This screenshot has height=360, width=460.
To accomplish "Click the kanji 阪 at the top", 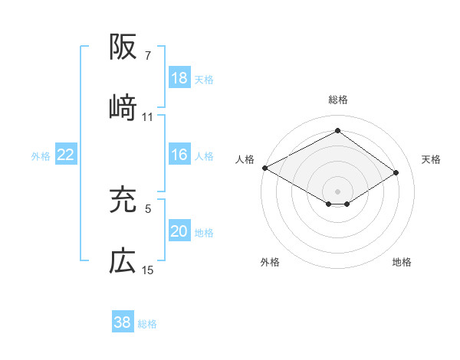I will pos(123,48).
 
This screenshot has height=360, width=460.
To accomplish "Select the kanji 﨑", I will pos(123,108).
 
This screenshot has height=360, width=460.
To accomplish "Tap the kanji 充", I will pos(123,200).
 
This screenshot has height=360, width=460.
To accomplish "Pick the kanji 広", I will pos(123,262).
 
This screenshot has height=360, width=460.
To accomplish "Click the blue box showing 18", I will pos(179,78).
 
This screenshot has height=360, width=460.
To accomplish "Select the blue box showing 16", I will pos(179,155).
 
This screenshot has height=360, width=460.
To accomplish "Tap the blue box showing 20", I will pos(179,232).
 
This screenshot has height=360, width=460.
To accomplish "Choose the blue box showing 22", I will pos(66,155).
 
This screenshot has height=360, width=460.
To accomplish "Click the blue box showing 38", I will pos(123,323).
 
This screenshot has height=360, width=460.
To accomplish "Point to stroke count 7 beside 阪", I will pos(148,56).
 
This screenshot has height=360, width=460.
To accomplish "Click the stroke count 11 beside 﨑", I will pos(148,117).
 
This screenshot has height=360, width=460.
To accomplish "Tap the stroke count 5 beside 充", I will pos(148,208).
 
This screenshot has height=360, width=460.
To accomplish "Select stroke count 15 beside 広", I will pos(148,270).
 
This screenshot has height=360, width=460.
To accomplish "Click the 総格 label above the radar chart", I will pos(338,100).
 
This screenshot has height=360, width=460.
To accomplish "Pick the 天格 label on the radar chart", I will pos(431,159).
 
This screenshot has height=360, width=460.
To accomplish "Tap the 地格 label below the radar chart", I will pos(402,262).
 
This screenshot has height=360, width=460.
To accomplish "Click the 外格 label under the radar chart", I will pos(270,262).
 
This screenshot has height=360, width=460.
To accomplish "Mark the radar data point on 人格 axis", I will pos(264,168).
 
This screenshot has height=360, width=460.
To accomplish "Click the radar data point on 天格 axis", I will pos(396,173).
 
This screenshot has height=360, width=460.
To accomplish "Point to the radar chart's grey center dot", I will pos(337,191).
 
